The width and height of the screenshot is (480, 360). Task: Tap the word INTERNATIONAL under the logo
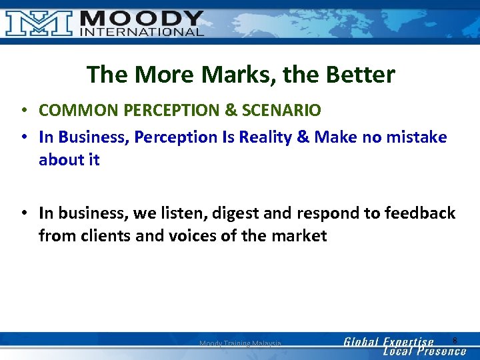[142, 32]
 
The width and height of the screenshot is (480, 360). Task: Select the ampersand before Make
[303, 137]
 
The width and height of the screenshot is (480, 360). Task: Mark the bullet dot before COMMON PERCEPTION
[23, 110]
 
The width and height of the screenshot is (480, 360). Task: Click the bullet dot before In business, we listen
[23, 214]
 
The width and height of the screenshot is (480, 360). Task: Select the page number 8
[455, 341]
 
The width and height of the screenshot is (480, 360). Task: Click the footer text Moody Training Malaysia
[240, 344]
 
